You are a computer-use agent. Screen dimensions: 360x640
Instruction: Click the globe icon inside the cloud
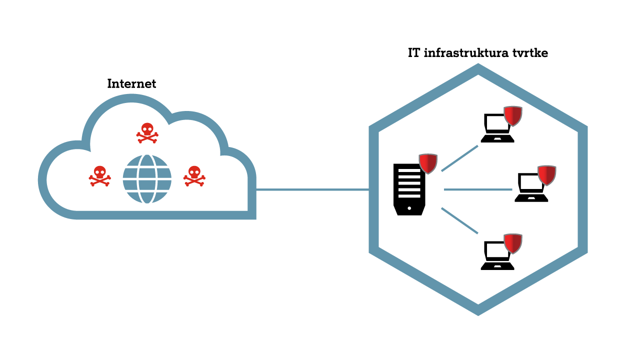tap(147, 179)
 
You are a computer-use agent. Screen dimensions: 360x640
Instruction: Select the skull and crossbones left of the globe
tap(100, 176)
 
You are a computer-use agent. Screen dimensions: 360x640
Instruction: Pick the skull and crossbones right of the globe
tap(194, 176)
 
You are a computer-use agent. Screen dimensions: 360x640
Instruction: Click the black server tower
tap(409, 190)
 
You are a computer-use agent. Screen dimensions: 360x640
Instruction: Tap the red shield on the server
tap(428, 163)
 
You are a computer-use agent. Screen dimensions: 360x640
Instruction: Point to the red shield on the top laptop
tap(513, 115)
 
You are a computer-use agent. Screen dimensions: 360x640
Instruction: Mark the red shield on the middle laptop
tap(547, 175)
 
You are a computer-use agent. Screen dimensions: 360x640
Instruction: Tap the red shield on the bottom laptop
tap(513, 243)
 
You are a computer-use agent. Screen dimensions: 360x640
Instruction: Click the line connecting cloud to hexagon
tap(312, 189)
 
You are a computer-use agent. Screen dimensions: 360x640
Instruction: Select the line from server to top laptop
tap(459, 158)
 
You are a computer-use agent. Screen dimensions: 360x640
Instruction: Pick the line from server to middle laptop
tap(477, 189)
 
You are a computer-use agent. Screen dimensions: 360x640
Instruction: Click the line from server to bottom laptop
tap(459, 220)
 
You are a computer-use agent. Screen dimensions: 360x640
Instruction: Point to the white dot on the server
tap(409, 208)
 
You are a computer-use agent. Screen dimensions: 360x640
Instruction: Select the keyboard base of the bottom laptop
tap(497, 266)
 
